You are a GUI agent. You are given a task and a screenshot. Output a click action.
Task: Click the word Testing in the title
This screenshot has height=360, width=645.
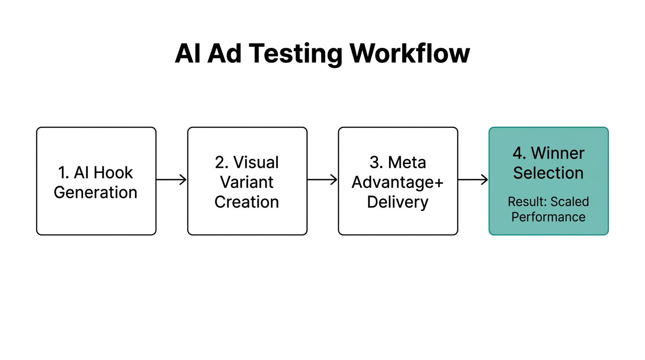click(x=295, y=54)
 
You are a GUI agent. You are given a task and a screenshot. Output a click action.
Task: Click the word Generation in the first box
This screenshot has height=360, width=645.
click(x=96, y=192)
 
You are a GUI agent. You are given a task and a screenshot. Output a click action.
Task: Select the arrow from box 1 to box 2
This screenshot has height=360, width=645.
click(x=171, y=180)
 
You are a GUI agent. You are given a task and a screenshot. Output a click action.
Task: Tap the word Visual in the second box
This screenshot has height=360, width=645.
click(x=256, y=162)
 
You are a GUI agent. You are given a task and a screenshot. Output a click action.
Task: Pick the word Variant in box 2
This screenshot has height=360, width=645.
click(x=247, y=182)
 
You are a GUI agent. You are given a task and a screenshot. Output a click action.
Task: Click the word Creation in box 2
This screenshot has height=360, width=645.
click(x=247, y=202)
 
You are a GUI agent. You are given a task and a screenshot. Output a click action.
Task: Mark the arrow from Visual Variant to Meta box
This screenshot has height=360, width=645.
click(x=322, y=180)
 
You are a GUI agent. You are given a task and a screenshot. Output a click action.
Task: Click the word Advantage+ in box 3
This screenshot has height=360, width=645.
click(x=397, y=182)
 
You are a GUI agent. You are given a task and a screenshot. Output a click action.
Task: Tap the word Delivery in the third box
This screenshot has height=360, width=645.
click(x=397, y=202)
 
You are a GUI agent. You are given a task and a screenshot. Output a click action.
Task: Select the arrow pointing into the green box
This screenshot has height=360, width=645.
click(x=473, y=180)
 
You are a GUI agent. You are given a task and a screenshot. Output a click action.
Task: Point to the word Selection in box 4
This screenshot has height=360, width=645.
click(x=548, y=172)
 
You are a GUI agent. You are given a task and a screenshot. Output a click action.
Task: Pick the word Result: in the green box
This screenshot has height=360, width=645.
click(x=527, y=202)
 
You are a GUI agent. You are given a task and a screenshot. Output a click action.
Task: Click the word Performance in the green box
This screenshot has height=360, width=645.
click(x=548, y=217)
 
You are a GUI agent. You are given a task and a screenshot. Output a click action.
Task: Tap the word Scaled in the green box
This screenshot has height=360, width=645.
click(x=570, y=202)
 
